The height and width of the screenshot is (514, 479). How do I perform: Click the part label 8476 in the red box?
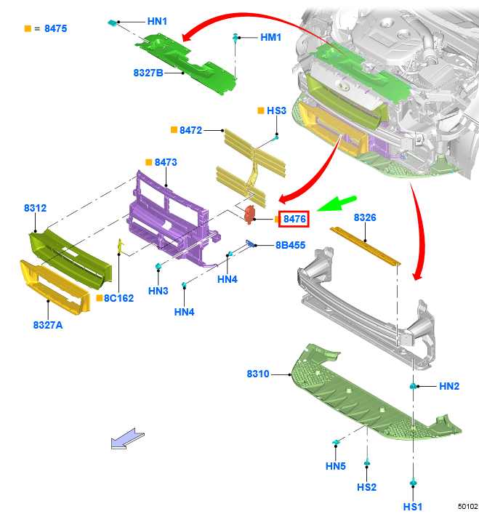(294, 219)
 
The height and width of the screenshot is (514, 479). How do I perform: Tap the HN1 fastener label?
(157, 21)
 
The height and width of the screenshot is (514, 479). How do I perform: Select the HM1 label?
(271, 37)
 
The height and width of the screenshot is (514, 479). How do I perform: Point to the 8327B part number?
(148, 73)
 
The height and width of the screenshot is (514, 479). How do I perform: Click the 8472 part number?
(190, 130)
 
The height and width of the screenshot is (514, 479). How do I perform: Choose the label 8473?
(166, 162)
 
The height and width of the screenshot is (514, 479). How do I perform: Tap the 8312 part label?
(36, 208)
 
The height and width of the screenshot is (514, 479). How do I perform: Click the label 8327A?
(48, 325)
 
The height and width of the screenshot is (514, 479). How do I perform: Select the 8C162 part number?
(118, 298)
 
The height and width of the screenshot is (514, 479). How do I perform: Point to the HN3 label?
(158, 291)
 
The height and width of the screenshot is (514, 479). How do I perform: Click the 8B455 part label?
(290, 245)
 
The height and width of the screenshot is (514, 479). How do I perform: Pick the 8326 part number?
(365, 217)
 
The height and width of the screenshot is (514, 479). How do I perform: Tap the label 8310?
(258, 374)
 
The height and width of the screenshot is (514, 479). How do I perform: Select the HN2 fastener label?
(449, 386)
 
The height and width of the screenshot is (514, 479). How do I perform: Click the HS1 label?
(413, 507)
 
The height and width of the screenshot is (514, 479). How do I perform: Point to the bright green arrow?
(337, 204)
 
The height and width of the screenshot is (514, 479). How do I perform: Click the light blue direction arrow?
(128, 438)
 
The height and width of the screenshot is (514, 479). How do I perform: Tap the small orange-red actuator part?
(249, 214)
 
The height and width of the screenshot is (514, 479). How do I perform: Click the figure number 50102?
(467, 507)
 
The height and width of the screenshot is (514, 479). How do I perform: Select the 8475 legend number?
(56, 28)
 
